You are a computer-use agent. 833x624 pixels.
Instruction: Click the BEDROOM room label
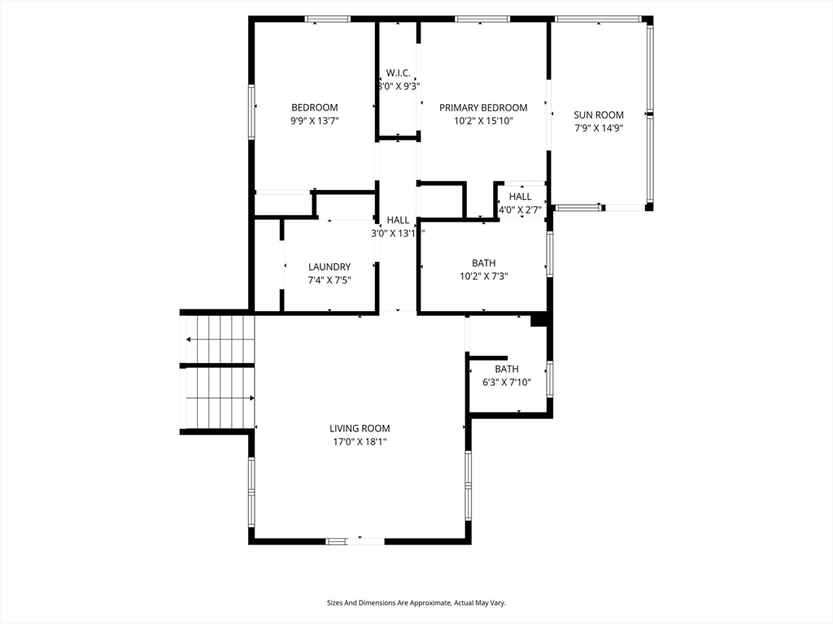click(315, 107)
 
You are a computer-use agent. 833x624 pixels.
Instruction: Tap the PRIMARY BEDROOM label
click(483, 108)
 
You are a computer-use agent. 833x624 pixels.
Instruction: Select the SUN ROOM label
click(599, 115)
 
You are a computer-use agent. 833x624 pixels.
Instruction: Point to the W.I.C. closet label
click(399, 72)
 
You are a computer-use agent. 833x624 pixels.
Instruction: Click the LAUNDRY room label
click(329, 266)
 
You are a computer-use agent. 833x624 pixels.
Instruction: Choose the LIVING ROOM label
click(360, 428)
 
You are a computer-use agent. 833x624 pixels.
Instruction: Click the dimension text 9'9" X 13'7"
click(315, 120)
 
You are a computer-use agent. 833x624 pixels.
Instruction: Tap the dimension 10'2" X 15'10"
click(483, 121)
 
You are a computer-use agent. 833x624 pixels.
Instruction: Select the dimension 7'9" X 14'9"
click(599, 128)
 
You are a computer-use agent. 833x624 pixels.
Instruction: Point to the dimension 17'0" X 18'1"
click(360, 441)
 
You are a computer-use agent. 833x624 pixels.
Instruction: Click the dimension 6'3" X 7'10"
click(507, 382)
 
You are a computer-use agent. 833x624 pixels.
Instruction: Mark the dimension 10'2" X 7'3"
click(483, 276)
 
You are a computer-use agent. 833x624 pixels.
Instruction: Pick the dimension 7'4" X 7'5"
click(329, 280)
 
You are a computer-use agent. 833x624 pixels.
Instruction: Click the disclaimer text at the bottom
click(416, 603)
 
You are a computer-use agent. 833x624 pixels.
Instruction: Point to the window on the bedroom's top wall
click(328, 19)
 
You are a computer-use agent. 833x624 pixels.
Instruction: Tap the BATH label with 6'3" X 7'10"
click(507, 369)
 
